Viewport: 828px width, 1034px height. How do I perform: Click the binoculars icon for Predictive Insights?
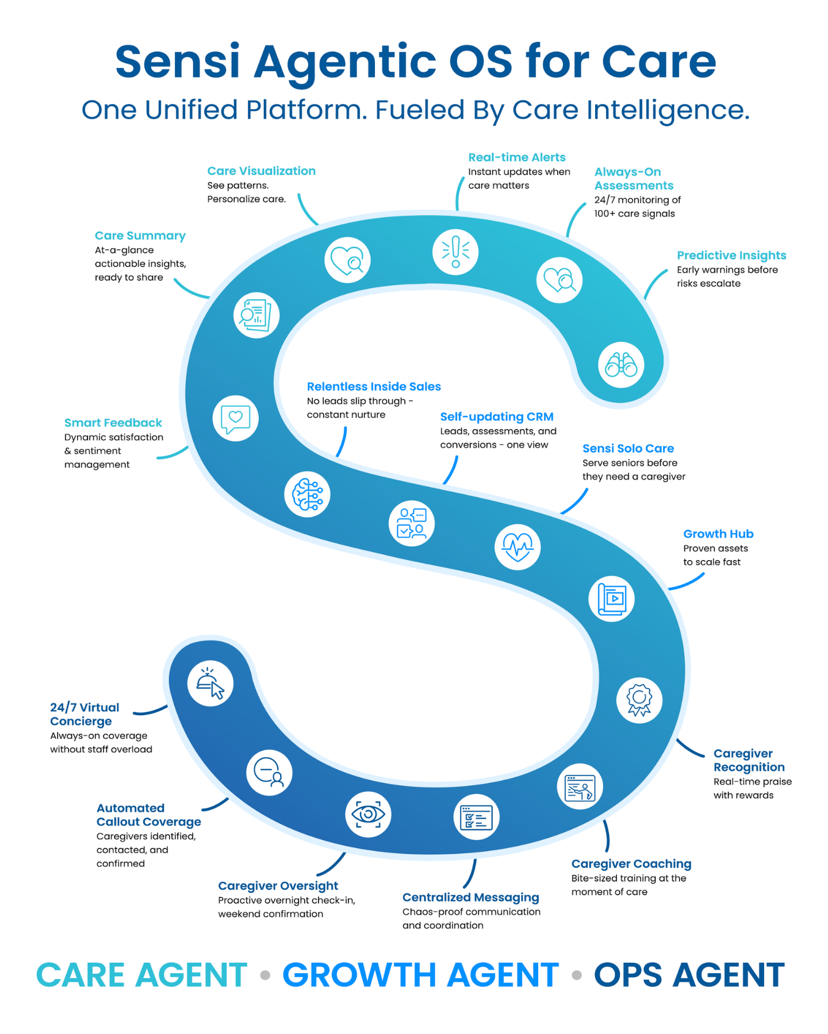click(x=621, y=365)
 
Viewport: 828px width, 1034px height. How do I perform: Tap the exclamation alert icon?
click(x=455, y=252)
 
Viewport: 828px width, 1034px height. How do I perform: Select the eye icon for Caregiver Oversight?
click(x=368, y=814)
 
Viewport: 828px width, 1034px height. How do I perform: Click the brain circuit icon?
click(x=308, y=494)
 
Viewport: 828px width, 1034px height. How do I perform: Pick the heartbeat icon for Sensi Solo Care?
click(x=517, y=546)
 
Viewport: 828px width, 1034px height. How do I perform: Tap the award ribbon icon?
click(x=639, y=700)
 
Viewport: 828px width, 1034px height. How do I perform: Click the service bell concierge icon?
click(x=210, y=683)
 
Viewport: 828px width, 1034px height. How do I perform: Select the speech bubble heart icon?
click(x=236, y=418)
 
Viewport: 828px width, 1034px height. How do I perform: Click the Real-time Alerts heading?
click(x=517, y=157)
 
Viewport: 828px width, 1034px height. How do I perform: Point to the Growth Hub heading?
click(x=718, y=534)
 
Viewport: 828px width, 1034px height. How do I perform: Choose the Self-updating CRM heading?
click(x=497, y=416)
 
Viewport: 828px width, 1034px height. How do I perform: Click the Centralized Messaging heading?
click(x=471, y=897)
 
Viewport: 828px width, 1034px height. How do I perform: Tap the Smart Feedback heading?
click(x=113, y=423)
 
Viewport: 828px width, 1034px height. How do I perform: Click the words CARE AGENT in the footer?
click(x=142, y=975)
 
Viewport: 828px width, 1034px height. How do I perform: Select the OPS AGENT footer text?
click(x=689, y=975)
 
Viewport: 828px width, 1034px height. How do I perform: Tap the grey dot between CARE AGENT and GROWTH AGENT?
click(x=265, y=975)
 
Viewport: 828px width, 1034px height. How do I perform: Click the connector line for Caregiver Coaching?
click(x=607, y=836)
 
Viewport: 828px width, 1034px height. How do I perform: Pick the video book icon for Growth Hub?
click(x=611, y=599)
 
